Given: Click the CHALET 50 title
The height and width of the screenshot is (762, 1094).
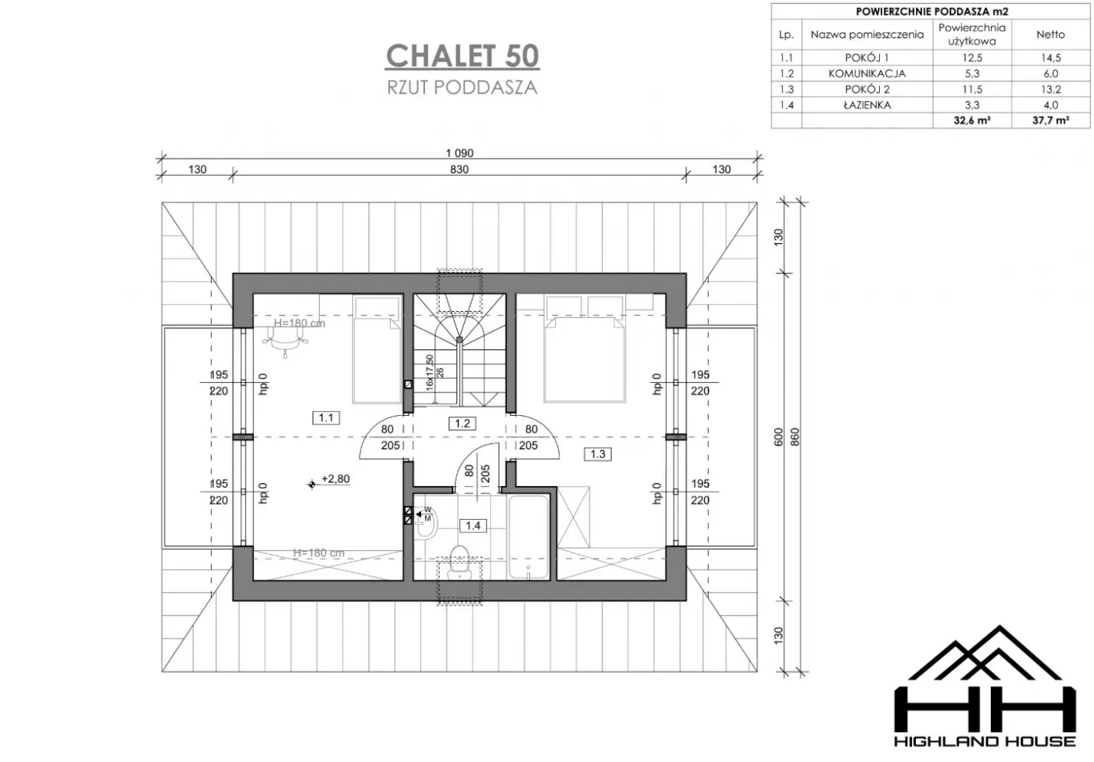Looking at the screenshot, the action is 463,55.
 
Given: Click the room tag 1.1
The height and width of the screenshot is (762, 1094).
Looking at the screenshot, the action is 326,417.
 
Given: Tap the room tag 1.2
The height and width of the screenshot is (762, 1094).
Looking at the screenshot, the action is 462,424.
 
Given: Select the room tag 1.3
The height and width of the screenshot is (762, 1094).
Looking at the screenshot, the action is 597,454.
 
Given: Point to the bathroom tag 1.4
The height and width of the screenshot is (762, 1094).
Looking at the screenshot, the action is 473,525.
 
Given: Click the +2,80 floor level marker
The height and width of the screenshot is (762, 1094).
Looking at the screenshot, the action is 329,480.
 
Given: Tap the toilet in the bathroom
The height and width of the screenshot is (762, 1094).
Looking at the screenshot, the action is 459,562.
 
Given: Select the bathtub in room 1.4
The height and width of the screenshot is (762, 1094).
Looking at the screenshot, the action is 528,537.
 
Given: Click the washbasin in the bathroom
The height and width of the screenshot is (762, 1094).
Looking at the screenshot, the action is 427,524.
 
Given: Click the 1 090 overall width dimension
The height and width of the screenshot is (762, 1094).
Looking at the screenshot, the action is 459,153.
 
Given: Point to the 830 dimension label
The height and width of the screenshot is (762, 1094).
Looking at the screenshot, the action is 459,169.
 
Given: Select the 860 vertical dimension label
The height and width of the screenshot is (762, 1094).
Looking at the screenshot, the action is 795,437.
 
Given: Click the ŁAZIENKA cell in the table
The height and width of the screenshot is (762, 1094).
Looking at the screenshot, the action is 867,105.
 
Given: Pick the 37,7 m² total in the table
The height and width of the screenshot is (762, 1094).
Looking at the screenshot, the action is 1050,120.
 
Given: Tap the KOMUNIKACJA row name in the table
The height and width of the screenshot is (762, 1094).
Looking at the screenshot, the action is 867,73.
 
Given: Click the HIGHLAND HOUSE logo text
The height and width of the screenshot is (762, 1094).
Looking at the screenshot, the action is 985,741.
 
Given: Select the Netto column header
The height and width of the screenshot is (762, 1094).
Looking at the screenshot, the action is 1050,34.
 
